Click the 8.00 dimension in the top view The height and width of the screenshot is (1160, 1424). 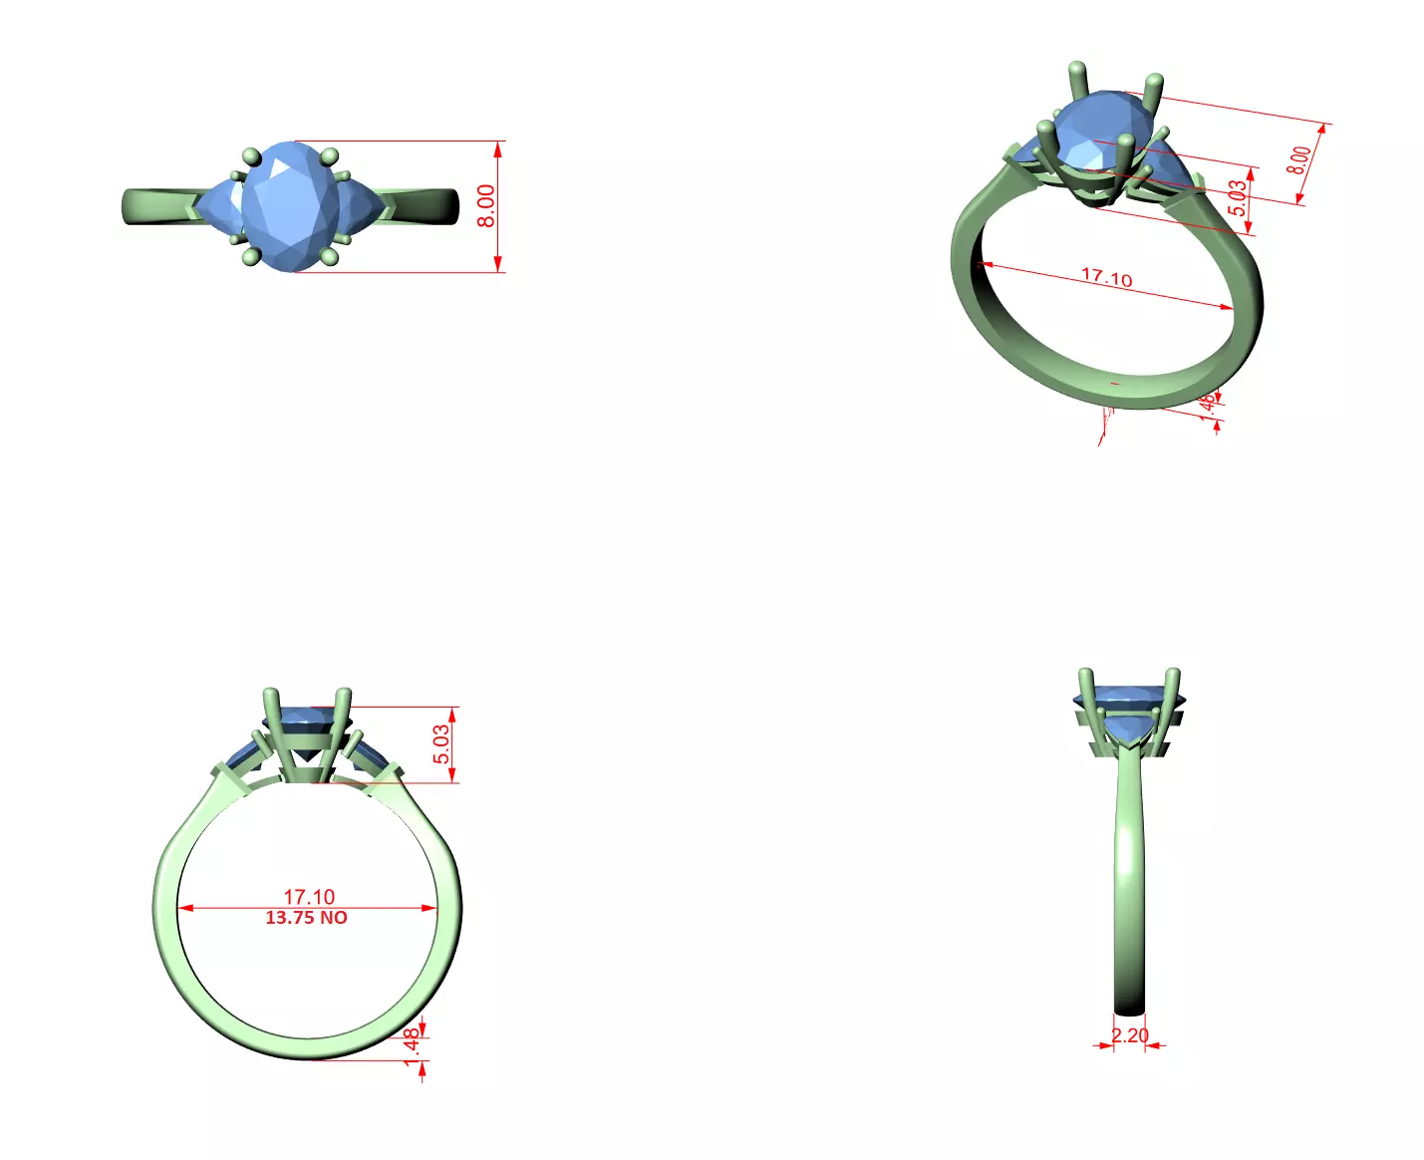click(485, 206)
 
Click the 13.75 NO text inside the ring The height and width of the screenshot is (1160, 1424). click(306, 918)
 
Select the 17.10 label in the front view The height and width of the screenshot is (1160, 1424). click(309, 897)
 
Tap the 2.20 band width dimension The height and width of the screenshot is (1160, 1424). click(1130, 1035)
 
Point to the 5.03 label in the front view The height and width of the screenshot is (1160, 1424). click(441, 744)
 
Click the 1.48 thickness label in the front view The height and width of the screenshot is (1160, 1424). click(412, 1046)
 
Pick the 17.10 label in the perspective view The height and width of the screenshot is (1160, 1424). click(1107, 277)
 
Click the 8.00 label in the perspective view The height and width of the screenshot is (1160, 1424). click(1298, 160)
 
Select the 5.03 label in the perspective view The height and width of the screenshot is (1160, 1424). click(1237, 197)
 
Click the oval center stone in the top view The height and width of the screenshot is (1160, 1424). click(290, 206)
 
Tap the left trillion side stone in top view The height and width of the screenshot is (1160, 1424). click(219, 207)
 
